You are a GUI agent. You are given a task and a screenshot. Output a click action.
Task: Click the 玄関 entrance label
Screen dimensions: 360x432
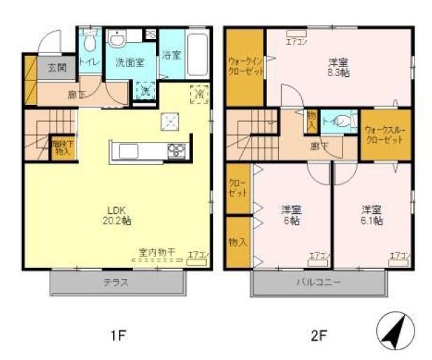coord(57,69)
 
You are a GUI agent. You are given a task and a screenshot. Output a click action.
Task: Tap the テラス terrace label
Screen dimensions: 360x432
coord(117,283)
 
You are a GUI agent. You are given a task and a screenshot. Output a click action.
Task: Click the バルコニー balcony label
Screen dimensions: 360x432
coord(318,283)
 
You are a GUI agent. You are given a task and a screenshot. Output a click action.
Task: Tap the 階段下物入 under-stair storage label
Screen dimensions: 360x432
coord(62,147)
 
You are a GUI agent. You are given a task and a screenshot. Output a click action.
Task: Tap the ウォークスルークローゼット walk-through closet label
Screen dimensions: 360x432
coord(384,136)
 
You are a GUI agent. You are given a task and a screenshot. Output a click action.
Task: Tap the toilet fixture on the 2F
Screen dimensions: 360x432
coord(343,120)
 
